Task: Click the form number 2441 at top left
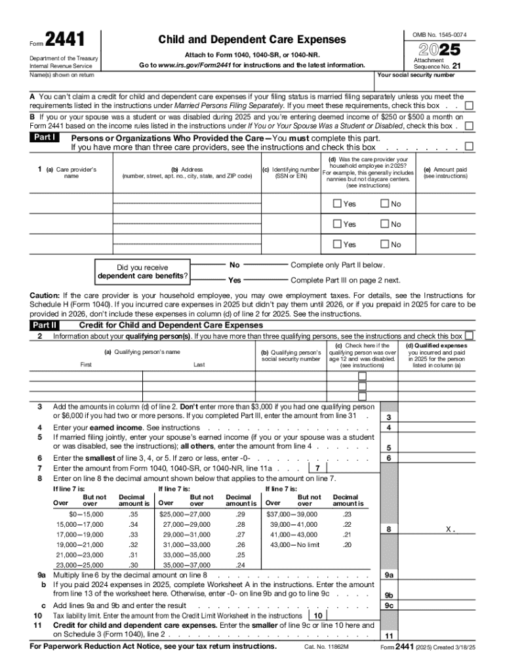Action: click(x=65, y=41)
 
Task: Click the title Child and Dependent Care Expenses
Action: click(x=252, y=40)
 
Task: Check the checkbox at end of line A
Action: click(x=469, y=105)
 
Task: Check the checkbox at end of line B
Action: click(x=469, y=126)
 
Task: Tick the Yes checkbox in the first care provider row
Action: click(x=337, y=204)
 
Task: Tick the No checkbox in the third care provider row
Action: click(x=384, y=244)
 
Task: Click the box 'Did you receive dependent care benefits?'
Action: click(x=143, y=272)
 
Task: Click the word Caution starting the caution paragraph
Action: click(x=45, y=296)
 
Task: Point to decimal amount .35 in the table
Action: click(x=134, y=514)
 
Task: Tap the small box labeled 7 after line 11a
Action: click(x=317, y=468)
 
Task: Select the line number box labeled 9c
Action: click(x=389, y=605)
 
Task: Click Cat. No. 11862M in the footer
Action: click(x=326, y=647)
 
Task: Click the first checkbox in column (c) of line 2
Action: click(x=362, y=377)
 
